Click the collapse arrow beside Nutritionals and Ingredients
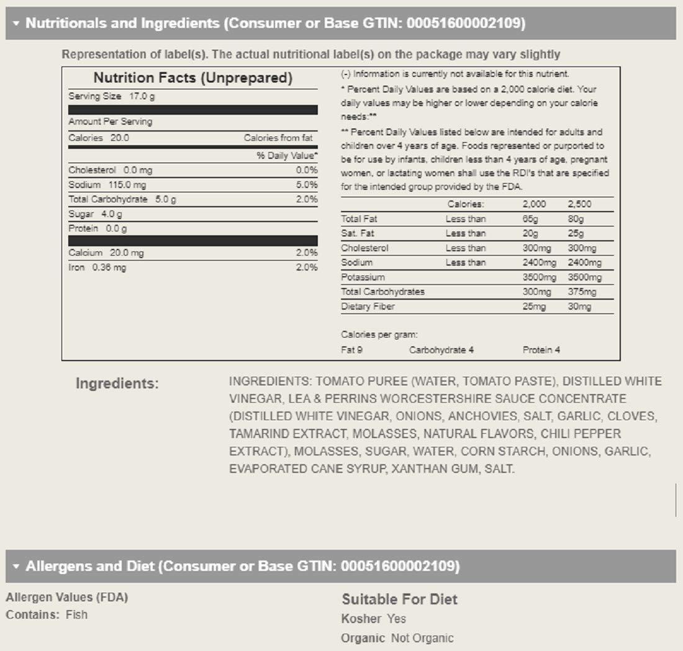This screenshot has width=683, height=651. (16, 24)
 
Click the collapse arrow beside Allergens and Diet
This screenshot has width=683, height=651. (16, 567)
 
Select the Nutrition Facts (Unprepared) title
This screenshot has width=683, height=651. (192, 78)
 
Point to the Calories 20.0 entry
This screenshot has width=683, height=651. (99, 138)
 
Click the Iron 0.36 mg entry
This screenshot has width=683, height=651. (97, 267)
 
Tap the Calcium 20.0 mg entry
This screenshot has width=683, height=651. (106, 253)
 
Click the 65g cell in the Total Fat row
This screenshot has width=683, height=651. (531, 219)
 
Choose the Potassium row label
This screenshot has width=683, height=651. (363, 277)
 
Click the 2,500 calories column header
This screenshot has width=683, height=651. (579, 204)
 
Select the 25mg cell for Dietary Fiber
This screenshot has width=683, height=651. (534, 307)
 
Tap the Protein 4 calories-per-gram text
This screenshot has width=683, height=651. (541, 350)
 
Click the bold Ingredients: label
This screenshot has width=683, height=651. (117, 384)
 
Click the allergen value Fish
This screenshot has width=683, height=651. (76, 615)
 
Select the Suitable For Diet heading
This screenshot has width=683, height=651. (399, 599)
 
